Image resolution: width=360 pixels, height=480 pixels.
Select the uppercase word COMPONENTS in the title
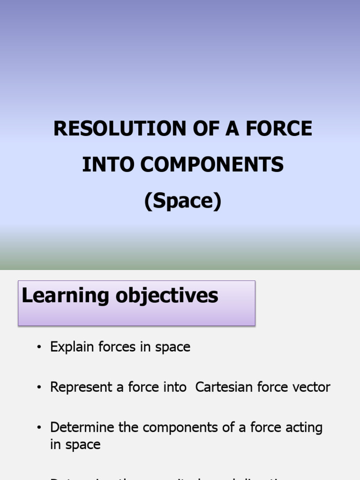(213, 165)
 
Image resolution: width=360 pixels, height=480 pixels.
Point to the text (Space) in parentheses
(182, 201)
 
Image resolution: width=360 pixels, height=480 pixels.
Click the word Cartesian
(223, 387)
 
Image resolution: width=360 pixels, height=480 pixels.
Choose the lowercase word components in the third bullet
(185, 427)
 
